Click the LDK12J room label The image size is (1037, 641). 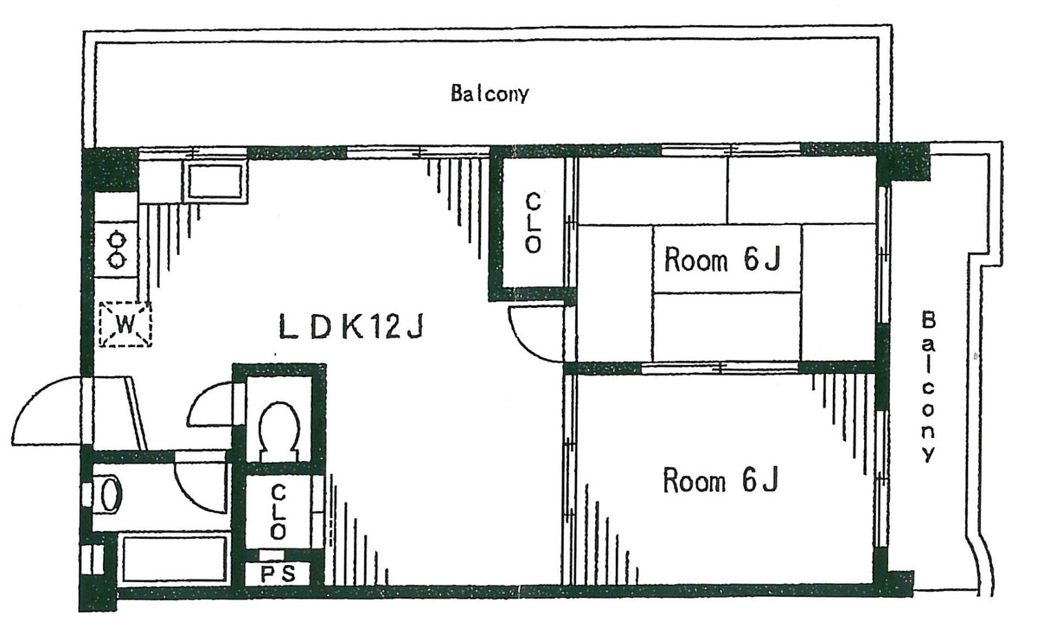(x=350, y=327)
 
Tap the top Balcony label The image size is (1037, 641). (x=490, y=93)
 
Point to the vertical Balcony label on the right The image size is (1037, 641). (x=929, y=387)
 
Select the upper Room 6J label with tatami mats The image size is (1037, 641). (x=722, y=260)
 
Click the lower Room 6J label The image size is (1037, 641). (x=720, y=480)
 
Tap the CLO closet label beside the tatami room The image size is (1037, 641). (x=533, y=223)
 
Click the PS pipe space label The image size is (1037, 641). (x=277, y=574)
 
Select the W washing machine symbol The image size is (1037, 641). (x=125, y=324)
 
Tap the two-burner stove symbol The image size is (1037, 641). (x=117, y=249)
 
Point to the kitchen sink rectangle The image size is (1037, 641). (x=215, y=181)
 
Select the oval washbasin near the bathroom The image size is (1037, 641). (x=108, y=494)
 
